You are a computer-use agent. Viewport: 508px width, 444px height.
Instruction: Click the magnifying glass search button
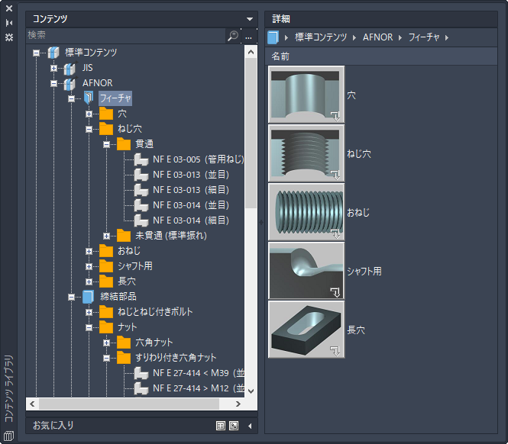pyautogui.click(x=233, y=36)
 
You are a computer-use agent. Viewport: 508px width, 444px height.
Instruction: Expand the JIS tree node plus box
pyautogui.click(x=53, y=68)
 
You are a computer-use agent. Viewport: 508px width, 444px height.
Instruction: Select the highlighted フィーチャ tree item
pyautogui.click(x=115, y=98)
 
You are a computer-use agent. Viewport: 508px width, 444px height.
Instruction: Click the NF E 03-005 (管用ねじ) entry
pyautogui.click(x=199, y=159)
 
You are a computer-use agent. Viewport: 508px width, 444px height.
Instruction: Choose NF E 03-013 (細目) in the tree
pyautogui.click(x=191, y=190)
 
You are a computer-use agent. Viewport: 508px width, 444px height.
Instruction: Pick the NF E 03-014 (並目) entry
pyautogui.click(x=191, y=205)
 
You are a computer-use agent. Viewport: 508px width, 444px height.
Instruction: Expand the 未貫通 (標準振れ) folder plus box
pyautogui.click(x=106, y=236)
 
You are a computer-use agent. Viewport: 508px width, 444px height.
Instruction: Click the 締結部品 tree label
pyautogui.click(x=118, y=297)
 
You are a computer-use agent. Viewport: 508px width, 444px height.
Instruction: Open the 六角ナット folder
pyautogui.click(x=154, y=343)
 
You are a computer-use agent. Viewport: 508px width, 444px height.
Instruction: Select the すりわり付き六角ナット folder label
pyautogui.click(x=176, y=358)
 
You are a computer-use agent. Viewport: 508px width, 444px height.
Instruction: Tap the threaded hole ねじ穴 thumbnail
pyautogui.click(x=306, y=153)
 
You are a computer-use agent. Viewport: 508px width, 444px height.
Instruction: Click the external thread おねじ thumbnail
pyautogui.click(x=306, y=212)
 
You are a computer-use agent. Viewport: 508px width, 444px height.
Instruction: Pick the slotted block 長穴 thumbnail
pyautogui.click(x=306, y=330)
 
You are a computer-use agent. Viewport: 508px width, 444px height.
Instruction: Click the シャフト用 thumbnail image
pyautogui.click(x=306, y=271)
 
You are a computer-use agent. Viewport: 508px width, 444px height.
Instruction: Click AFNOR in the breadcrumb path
pyautogui.click(x=378, y=37)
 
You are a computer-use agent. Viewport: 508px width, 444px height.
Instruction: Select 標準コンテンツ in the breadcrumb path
pyautogui.click(x=321, y=37)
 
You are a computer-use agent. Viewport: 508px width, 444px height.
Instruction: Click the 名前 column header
pyautogui.click(x=280, y=56)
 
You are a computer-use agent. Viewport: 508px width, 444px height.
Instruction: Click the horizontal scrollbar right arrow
pyautogui.click(x=238, y=404)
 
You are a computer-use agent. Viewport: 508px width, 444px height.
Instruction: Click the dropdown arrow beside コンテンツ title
pyautogui.click(x=250, y=19)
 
